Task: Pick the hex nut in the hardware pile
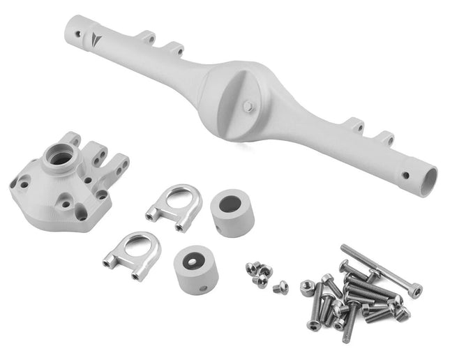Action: (x=307, y=287)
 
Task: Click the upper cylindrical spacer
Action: (x=232, y=211)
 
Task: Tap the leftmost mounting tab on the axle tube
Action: (x=145, y=36)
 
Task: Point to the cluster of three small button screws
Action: (x=259, y=273)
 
